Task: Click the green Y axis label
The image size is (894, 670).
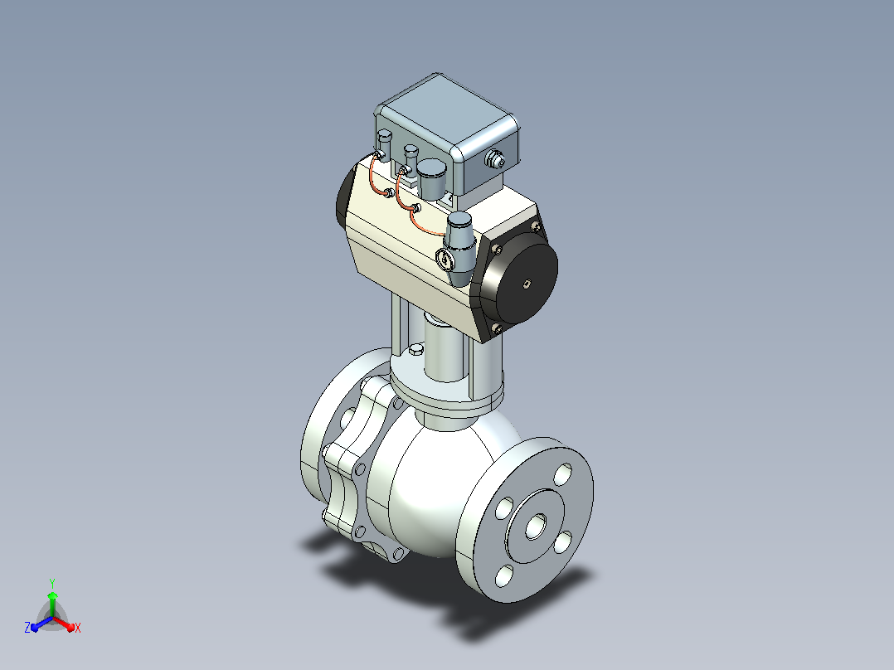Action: pyautogui.click(x=52, y=583)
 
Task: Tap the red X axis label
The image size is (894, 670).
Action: pyautogui.click(x=78, y=628)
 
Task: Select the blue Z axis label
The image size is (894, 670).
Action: pyautogui.click(x=27, y=627)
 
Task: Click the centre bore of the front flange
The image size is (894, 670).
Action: pyautogui.click(x=536, y=526)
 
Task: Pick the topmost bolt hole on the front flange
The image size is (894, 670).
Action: pyautogui.click(x=563, y=474)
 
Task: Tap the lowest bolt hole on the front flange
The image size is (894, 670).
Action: pyautogui.click(x=504, y=576)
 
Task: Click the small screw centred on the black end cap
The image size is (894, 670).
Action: pyautogui.click(x=528, y=283)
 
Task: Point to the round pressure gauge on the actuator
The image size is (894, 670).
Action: pyautogui.click(x=445, y=259)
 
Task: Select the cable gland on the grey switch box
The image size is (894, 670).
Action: pyautogui.click(x=495, y=159)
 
